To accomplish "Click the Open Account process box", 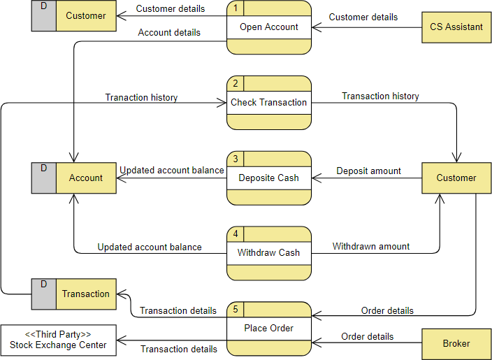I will coord(269,27).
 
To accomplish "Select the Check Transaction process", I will coord(269,103).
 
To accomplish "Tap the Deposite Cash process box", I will coord(269,178).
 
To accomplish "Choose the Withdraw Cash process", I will coord(269,252).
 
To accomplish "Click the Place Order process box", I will coord(269,328).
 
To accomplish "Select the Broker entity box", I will coord(456,343).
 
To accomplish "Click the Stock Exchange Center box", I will coord(58,340).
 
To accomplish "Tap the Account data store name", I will coord(86,178).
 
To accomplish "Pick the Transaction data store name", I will coord(86,294).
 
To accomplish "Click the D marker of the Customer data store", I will coord(44,6).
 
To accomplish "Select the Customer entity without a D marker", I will coord(456,178).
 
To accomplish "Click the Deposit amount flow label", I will coord(368,171).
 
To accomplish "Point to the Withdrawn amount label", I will coord(370,246).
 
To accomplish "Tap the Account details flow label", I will coord(169,32).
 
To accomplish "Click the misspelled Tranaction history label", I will coord(141,98).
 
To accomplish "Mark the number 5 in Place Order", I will coord(236,308).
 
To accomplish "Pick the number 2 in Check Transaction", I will coord(236,83).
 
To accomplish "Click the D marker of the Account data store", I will coord(44,168).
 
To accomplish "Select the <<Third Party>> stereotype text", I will coord(58,333).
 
